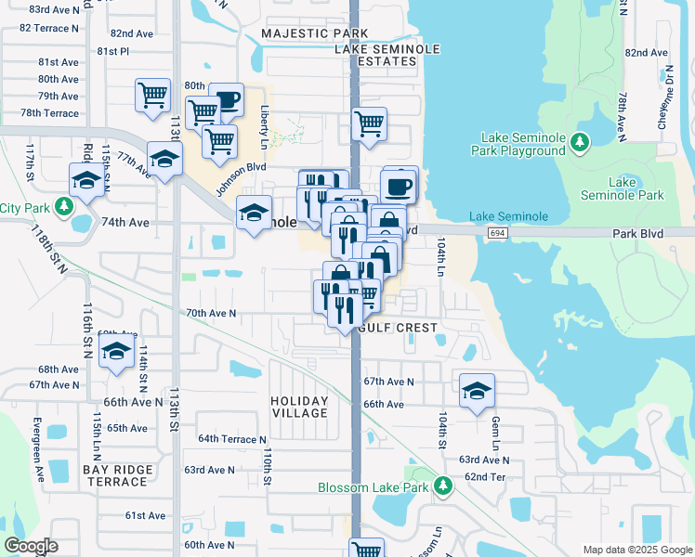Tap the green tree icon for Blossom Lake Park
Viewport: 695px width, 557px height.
coord(444,486)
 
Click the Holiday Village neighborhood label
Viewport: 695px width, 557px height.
coord(299,407)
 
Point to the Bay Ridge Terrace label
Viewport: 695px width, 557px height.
coord(116,475)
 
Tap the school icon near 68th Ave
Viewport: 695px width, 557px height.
coord(117,352)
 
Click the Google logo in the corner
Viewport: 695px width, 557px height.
coord(31,546)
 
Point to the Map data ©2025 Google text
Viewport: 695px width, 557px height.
coord(637,550)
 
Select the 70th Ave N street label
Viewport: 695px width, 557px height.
coord(211,314)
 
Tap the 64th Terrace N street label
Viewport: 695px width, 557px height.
coord(231,438)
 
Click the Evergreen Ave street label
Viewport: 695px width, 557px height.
coord(41,460)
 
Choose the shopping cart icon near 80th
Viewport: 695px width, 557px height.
coord(152,94)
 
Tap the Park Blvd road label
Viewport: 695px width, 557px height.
coord(637,233)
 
